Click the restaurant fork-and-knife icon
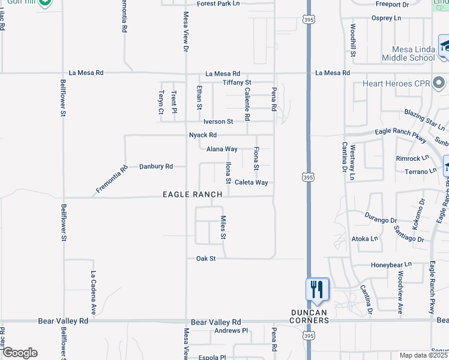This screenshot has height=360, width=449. [x=317, y=289]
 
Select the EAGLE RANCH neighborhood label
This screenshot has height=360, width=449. [x=193, y=194]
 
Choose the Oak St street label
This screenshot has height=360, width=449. [x=205, y=259]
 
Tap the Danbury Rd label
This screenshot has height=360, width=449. [x=156, y=166]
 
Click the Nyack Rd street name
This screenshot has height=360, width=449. [x=202, y=135]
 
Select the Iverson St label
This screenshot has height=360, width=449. [x=218, y=121]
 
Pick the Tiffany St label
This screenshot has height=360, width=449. [x=237, y=82]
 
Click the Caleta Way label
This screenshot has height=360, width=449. [x=251, y=182]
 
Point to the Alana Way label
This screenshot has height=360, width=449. [x=222, y=149]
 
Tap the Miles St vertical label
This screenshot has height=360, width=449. [x=223, y=227]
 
